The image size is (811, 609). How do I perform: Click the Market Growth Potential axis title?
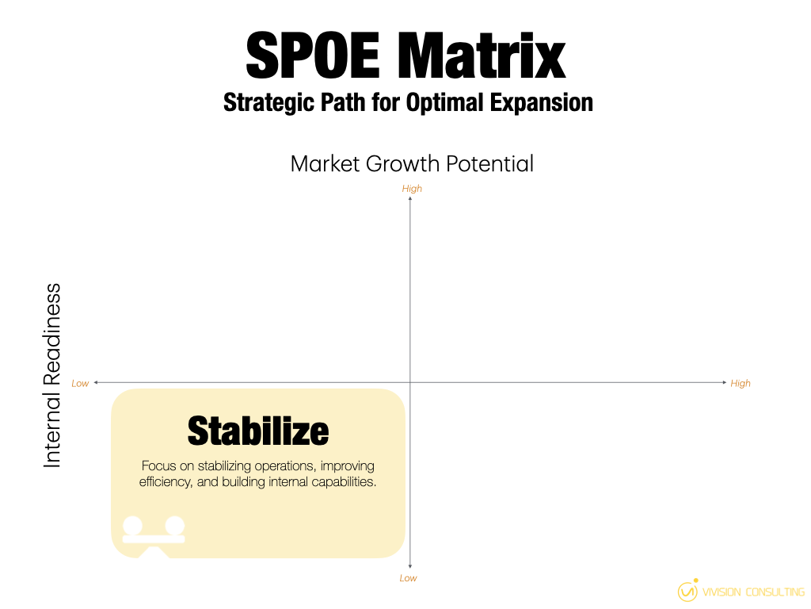coord(412,163)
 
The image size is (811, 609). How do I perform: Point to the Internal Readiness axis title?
coord(52,375)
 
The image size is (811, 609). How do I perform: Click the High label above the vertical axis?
coord(412,189)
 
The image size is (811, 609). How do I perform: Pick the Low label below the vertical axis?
coord(408,578)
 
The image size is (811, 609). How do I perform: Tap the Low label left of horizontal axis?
coord(80,384)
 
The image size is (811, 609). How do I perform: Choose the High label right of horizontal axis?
coord(741,384)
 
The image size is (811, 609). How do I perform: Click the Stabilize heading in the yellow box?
coord(258,431)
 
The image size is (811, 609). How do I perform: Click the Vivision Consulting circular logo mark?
coord(687,592)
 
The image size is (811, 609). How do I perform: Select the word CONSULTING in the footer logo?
coord(775,592)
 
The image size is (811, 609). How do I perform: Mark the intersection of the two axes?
coord(409,383)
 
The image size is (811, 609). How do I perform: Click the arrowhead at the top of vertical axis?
coord(409,198)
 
